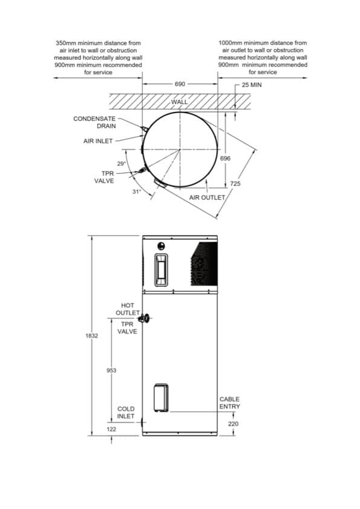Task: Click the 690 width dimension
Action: pos(180,84)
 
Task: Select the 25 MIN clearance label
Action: pos(250,85)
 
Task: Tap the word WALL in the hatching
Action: pos(180,102)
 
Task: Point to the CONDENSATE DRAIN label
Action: pos(94,122)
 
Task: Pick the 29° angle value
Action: pos(121,163)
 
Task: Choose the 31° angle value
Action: pos(137,191)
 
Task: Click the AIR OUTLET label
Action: pos(207,198)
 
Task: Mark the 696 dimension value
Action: pos(226,158)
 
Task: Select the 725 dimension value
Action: pos(235,183)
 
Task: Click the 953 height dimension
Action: pos(111,370)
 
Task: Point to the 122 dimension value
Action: pos(111,429)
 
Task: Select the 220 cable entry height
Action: pos(233,424)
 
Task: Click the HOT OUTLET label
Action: pos(128,309)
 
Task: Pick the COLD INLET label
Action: pos(126,413)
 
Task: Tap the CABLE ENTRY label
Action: pos(229,402)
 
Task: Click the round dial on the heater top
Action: pos(161,246)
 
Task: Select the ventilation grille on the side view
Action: pos(203,264)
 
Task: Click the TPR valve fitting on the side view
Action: pos(145,317)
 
